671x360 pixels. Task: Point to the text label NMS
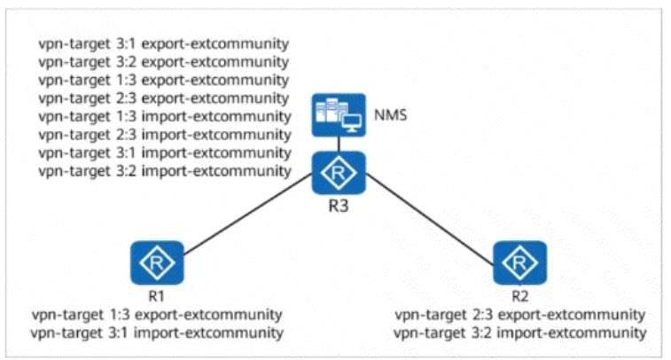click(390, 114)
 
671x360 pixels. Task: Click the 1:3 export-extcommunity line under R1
click(157, 314)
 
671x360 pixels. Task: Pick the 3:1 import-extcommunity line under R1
click(157, 333)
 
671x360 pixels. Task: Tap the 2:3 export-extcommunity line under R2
click(520, 314)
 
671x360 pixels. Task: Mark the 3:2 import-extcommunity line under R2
click(520, 333)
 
